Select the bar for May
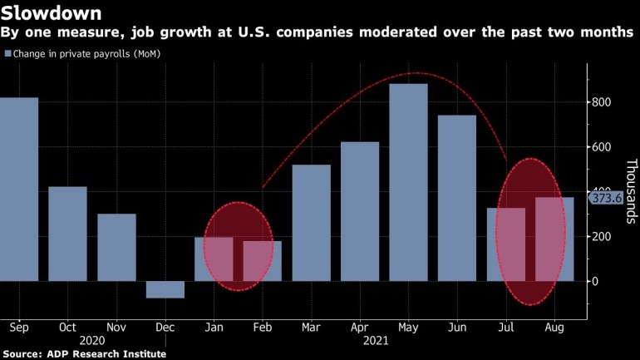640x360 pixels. click(x=408, y=182)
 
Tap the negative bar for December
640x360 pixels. click(x=165, y=289)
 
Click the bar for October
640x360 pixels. click(x=67, y=234)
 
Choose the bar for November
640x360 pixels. click(x=116, y=248)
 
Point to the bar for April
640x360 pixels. click(x=360, y=211)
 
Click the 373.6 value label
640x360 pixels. click(x=606, y=198)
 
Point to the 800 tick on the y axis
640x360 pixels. click(x=602, y=102)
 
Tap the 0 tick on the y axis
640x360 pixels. click(x=593, y=281)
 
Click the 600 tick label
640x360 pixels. click(x=602, y=147)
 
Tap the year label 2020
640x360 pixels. click(x=91, y=341)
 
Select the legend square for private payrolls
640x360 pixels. click(x=8, y=54)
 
